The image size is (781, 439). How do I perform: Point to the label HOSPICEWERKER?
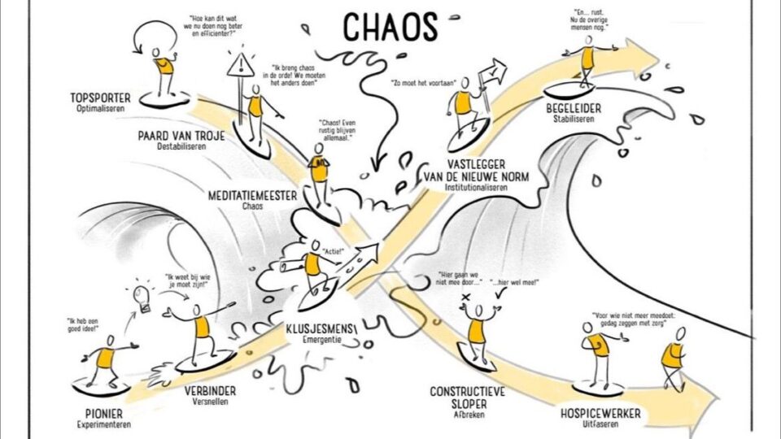click(600, 414)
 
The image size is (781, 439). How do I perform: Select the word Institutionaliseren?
click(476, 188)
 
